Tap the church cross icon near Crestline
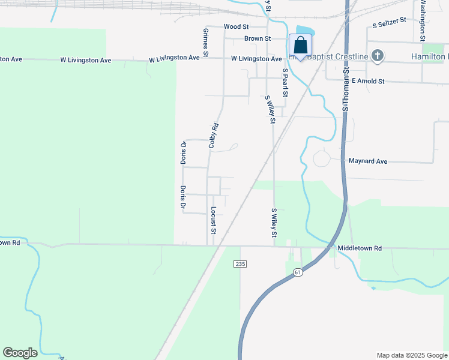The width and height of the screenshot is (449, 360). pos(378,56)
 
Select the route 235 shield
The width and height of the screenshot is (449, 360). pos(240,263)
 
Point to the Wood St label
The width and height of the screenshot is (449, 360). pos(236,27)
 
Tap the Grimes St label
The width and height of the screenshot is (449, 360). pos(206,42)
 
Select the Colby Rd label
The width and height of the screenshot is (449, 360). pos(213,136)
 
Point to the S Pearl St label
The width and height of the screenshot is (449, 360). pos(286,82)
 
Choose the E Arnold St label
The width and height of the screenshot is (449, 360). pos(367,81)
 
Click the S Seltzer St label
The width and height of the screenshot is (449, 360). pos(389,23)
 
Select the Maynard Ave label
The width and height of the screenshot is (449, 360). pos(368,161)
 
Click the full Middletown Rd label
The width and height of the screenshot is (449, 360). pos(360,248)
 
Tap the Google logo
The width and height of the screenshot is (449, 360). pos(20,353)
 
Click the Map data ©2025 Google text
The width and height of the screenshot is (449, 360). pos(411,355)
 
